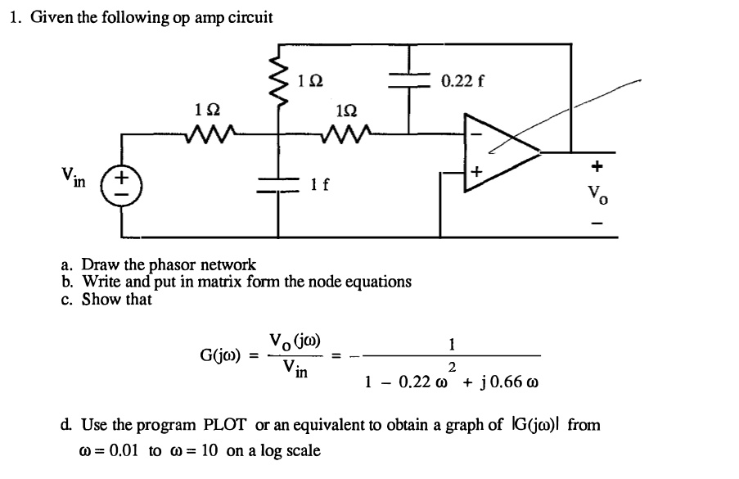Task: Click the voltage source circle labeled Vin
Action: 122,181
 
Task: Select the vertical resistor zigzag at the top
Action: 279,76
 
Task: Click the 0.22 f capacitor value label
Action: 463,80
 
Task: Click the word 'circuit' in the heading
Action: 247,17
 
